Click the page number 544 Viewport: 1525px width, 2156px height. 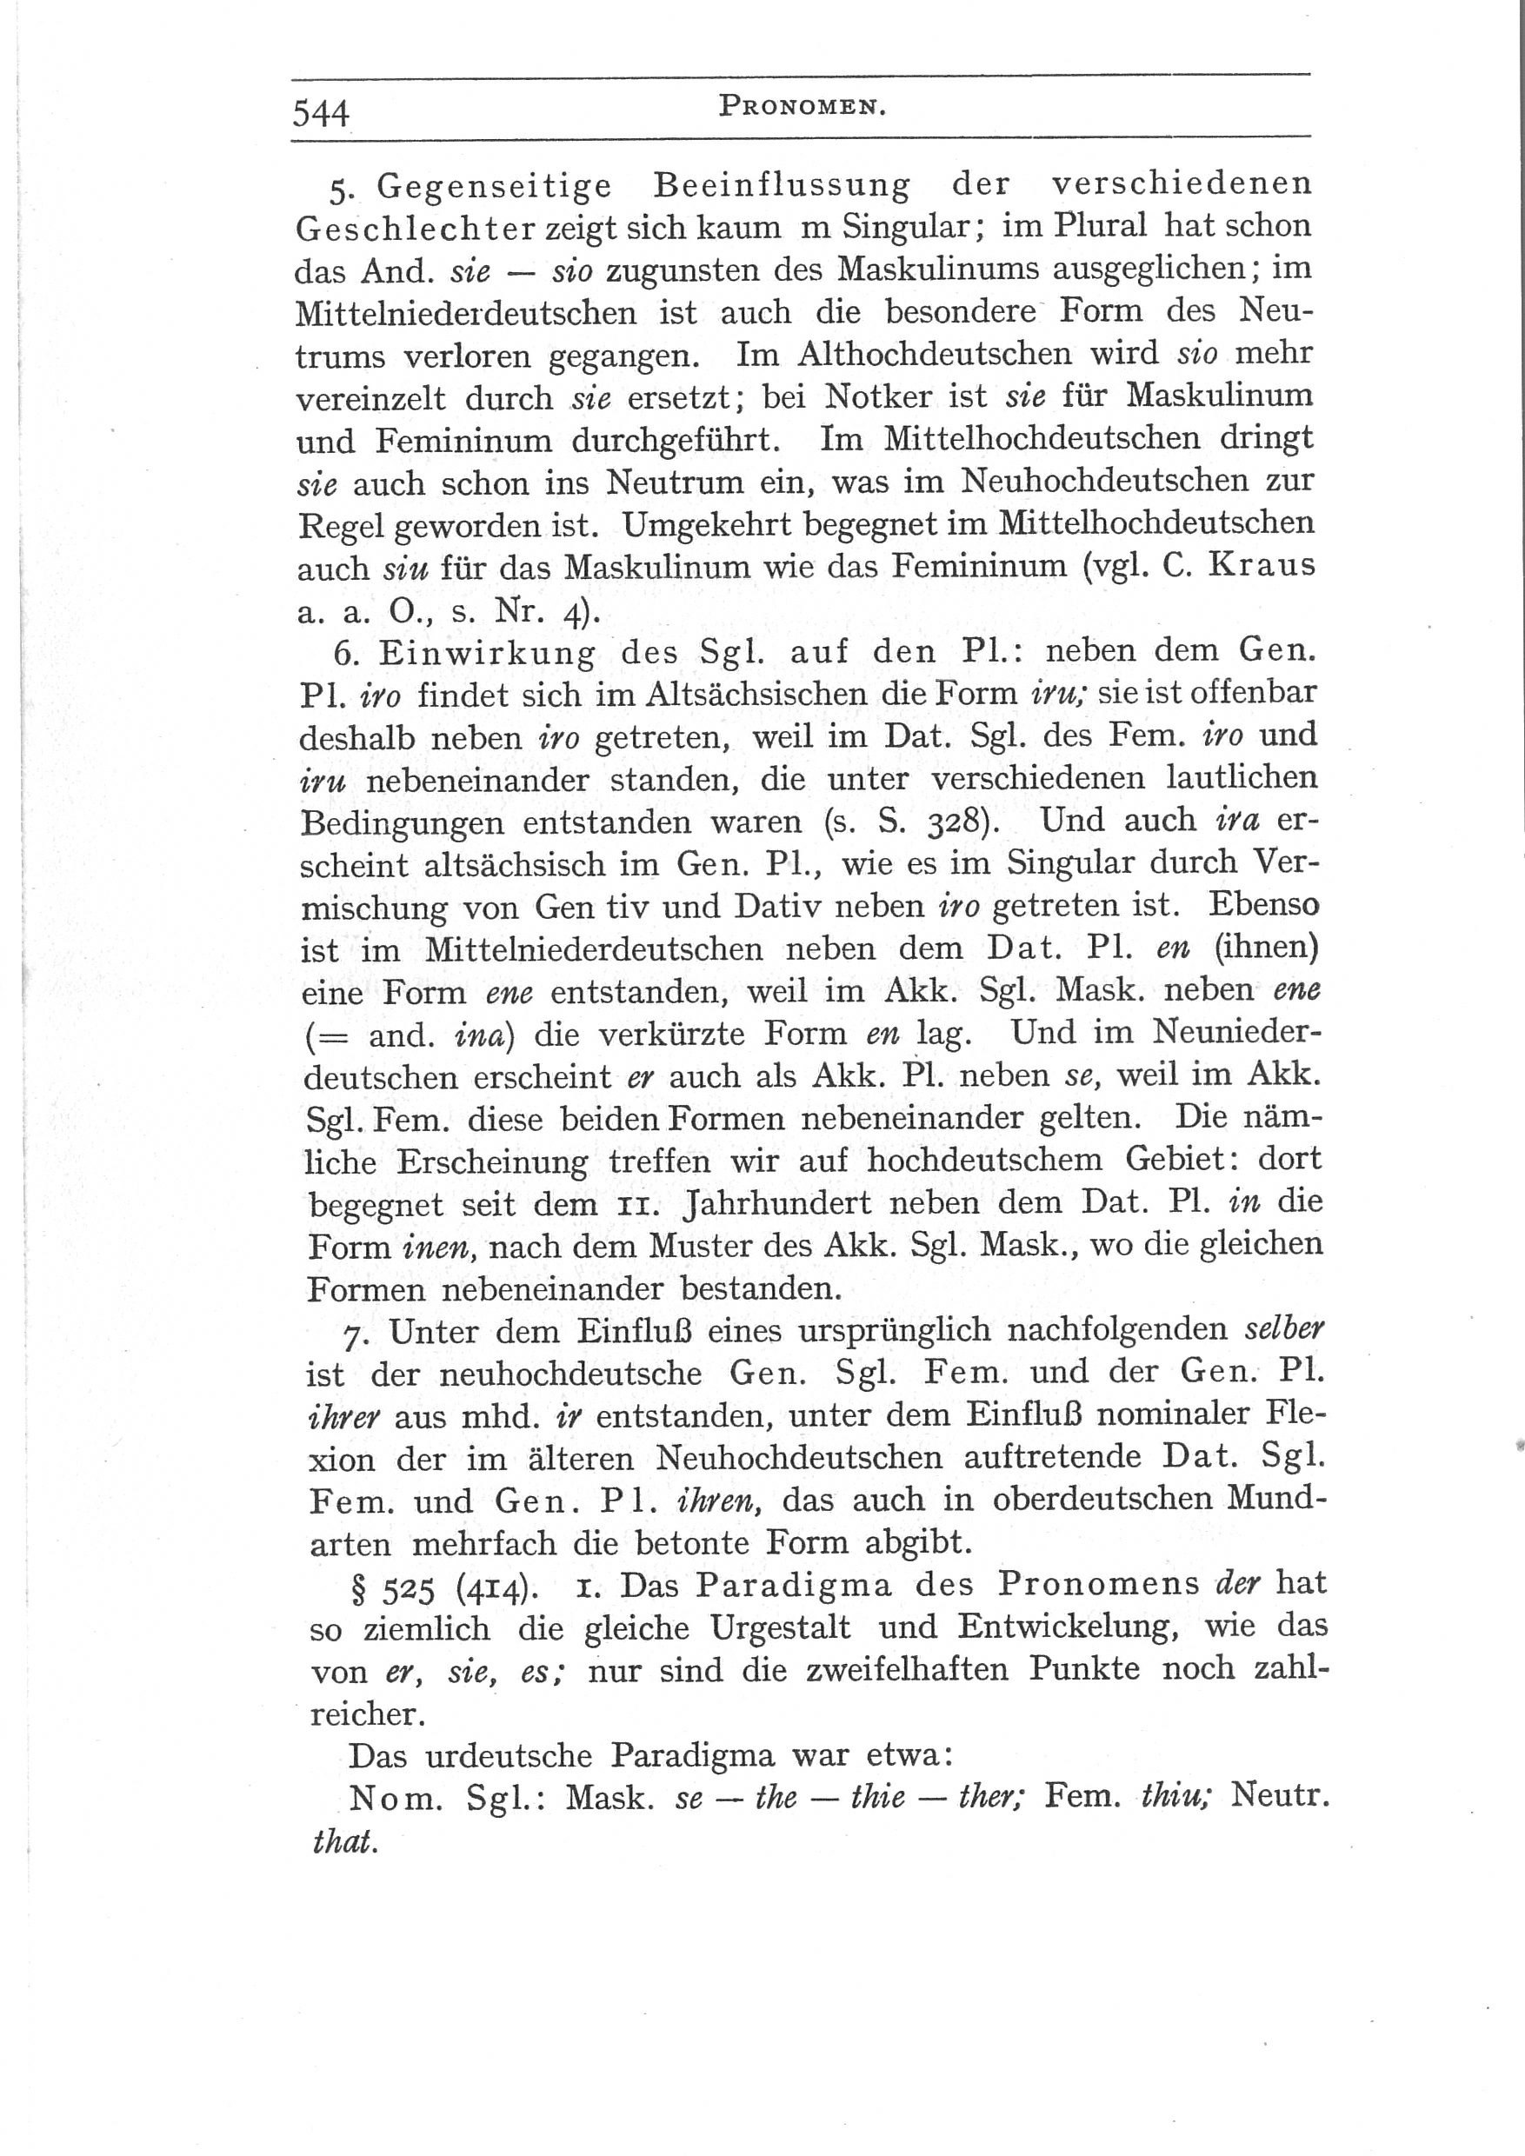pyautogui.click(x=321, y=114)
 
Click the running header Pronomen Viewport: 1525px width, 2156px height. pyautogui.click(x=802, y=107)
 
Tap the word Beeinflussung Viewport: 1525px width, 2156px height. pyautogui.click(x=782, y=185)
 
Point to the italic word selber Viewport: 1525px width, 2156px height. pyautogui.click(x=1283, y=1329)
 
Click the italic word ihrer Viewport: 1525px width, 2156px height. pyautogui.click(x=343, y=1417)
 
